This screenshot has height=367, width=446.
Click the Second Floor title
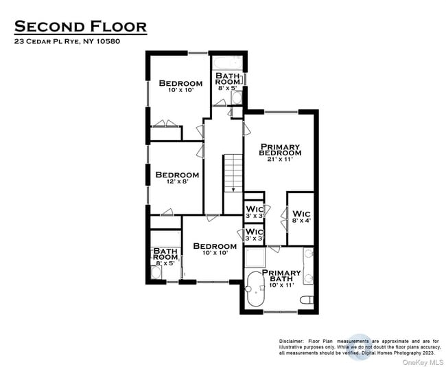point(80,27)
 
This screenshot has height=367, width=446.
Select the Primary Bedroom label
point(280,150)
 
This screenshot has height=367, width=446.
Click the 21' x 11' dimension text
point(280,159)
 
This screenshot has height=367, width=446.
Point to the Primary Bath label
point(281,276)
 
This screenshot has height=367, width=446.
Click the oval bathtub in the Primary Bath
point(255,289)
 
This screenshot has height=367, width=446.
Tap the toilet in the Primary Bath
point(307,300)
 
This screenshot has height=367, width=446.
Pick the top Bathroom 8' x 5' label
point(228,81)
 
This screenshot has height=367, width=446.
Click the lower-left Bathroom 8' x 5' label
point(165,256)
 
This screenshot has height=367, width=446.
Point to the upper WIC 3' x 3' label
point(255,211)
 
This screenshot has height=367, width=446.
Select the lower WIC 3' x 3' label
point(255,234)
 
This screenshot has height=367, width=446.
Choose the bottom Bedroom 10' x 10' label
point(215,249)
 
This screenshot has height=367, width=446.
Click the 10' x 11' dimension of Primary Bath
point(281,285)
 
